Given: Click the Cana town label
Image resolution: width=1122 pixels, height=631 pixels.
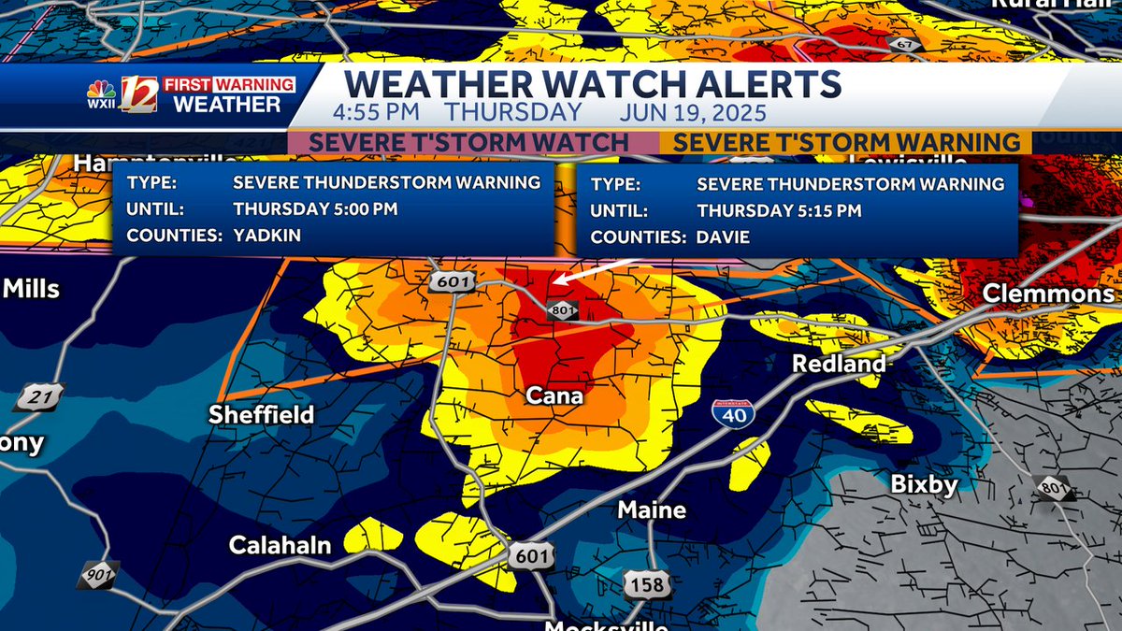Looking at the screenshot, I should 555,395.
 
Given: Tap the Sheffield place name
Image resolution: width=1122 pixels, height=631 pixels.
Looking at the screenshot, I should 261,414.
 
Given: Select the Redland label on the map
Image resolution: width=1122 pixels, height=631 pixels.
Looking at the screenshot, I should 839,364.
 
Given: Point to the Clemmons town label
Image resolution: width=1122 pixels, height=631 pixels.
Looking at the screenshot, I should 1048,294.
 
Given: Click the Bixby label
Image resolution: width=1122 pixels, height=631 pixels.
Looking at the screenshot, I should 924,484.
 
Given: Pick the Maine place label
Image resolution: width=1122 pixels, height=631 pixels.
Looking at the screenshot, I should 652,510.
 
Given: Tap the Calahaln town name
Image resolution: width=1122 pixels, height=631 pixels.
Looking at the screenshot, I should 280,545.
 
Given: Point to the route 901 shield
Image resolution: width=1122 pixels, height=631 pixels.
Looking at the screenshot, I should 96,572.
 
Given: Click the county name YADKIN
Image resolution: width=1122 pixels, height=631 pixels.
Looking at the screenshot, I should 267,236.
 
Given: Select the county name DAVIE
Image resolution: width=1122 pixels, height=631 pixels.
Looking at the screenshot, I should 723,237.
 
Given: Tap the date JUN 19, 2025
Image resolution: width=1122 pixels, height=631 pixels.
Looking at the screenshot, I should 693,113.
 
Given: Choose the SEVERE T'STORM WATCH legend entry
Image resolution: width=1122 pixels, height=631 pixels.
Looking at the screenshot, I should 468,143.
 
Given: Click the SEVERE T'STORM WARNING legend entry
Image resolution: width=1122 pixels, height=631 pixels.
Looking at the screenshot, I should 846,143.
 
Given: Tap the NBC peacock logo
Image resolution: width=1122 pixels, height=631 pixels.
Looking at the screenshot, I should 101,93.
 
